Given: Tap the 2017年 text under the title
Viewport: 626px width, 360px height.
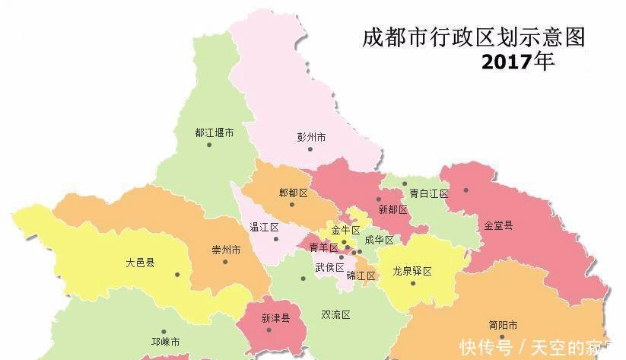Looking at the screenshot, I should (517, 62).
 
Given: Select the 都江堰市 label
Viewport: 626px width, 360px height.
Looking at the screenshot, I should (214, 132).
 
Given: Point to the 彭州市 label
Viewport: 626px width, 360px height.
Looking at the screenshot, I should (311, 138).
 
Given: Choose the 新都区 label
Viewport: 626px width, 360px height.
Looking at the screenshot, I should (392, 209).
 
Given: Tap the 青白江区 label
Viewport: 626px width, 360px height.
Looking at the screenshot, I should (428, 194).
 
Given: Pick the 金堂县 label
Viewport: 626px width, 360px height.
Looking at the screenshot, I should (498, 225).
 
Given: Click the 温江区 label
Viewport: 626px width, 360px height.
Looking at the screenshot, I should (265, 228).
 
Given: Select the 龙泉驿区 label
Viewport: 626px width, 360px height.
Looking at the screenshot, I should (412, 271).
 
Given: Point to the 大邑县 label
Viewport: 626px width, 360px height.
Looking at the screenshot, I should (140, 263).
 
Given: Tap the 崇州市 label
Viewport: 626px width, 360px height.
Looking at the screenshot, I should (226, 250).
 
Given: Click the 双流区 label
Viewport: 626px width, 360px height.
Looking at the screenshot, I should (335, 314).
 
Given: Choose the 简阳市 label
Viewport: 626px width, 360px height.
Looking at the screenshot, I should (503, 324).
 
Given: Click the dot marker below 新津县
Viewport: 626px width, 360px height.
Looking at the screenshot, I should (269, 330).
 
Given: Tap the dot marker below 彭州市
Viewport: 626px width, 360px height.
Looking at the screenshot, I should (310, 149).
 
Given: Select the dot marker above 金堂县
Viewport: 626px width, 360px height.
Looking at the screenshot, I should (466, 190).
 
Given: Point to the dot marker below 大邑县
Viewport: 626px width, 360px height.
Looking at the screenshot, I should (176, 275).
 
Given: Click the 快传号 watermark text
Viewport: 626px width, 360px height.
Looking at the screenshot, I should (481, 347).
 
